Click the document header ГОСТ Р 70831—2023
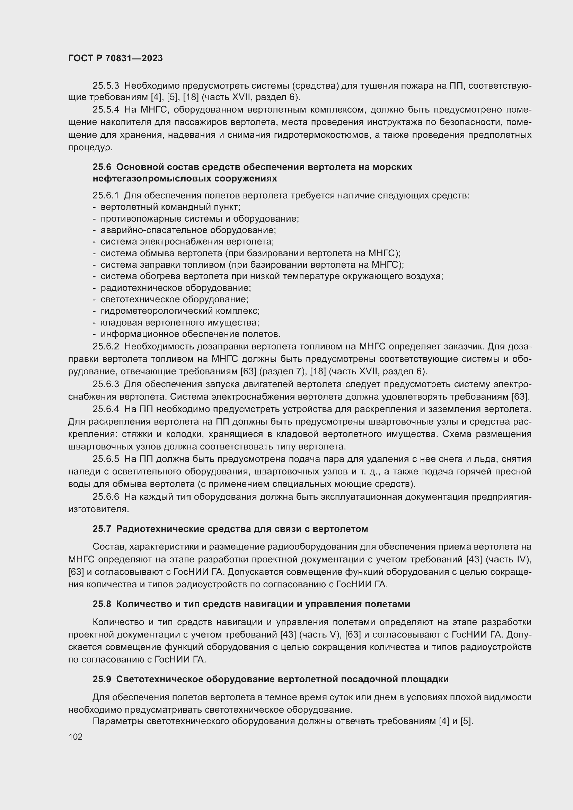click(x=115, y=58)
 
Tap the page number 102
click(x=75, y=737)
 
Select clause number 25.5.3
click(x=106, y=86)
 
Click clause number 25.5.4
click(x=106, y=110)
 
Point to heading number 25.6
click(x=102, y=167)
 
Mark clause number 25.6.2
click(x=106, y=346)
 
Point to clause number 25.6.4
click(x=106, y=409)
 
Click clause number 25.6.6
click(x=106, y=497)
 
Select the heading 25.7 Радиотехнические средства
click(x=230, y=529)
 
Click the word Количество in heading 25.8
click(x=144, y=604)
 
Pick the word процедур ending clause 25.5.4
click(x=90, y=148)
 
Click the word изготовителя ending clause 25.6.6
click(x=98, y=509)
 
